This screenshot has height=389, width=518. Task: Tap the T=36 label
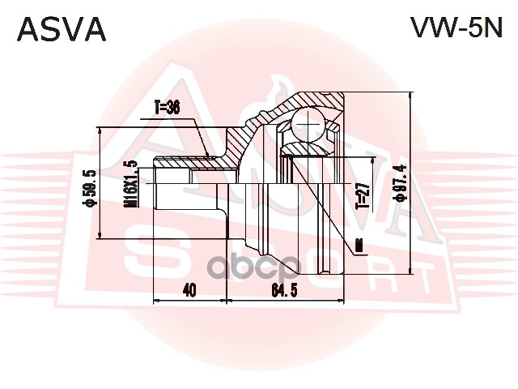point(166,105)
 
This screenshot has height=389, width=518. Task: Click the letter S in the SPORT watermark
point(148,259)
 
